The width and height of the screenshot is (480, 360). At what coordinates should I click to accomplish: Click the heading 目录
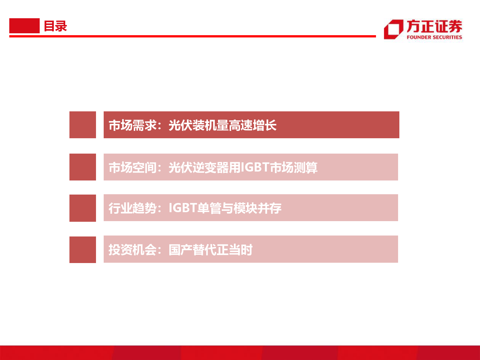pos(55,26)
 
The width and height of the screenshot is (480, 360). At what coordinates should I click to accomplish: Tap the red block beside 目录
pos(24,26)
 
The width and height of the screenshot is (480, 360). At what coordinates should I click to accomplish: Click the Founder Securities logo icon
pos(394,29)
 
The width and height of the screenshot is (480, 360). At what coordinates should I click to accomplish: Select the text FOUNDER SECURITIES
pos(434,37)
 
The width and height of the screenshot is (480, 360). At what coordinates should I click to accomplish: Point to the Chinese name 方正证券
pos(434,27)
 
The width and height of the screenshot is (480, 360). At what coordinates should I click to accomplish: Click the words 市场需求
pos(132,125)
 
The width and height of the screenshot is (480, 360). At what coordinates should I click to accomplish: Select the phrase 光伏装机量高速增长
pos(223,125)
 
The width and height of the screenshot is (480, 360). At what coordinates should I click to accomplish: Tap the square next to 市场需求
pos(83,124)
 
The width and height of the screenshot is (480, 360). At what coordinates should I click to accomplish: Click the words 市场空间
pos(132,168)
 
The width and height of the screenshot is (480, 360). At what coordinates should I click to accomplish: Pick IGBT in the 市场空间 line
pos(254,167)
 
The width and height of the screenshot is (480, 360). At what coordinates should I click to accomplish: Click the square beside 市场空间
pos(83,167)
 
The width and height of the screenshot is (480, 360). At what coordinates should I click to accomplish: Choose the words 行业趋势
pos(132,208)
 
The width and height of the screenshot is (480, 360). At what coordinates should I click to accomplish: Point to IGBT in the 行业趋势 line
pos(183,208)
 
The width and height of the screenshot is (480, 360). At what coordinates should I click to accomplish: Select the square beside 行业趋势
pos(83,208)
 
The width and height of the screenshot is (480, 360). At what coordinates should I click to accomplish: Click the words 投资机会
pos(132,250)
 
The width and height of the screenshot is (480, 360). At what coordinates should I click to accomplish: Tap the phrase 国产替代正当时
pos(211,250)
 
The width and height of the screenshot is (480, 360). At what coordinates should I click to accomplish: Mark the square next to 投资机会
pos(83,250)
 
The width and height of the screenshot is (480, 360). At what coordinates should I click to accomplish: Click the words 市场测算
pos(293,168)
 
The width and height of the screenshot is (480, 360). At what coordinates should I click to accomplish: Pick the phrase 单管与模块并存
pos(239,208)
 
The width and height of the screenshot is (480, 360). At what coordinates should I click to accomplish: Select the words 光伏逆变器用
pos(204,168)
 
